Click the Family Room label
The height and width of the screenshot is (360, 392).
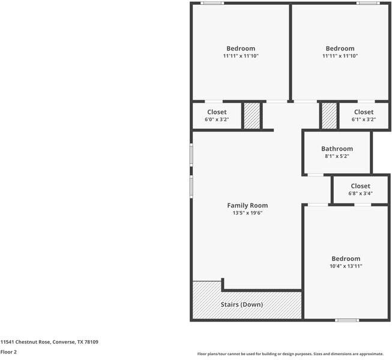[247, 205]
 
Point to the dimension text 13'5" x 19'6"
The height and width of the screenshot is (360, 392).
[247, 213]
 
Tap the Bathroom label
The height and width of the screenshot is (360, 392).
[337, 149]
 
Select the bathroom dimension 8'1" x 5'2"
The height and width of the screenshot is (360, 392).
[337, 156]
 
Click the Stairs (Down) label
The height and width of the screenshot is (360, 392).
[242, 305]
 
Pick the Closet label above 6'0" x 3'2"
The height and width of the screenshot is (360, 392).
[217, 112]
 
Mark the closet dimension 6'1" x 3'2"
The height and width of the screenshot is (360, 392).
[363, 119]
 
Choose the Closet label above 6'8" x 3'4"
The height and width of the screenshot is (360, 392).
[360, 186]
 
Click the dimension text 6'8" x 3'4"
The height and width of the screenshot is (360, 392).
[360, 193]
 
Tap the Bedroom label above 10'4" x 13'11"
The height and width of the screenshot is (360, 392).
[346, 259]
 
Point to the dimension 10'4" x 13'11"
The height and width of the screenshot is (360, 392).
[346, 266]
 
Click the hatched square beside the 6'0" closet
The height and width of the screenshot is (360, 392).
[252, 115]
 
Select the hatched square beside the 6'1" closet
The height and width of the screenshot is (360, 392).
[329, 115]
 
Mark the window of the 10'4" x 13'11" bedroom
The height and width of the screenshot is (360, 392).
[347, 320]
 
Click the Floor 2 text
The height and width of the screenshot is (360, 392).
[8, 352]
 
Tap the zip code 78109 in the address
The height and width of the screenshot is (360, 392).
[91, 342]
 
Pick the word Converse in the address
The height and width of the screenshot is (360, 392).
[63, 342]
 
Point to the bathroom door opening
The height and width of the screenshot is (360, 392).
[315, 175]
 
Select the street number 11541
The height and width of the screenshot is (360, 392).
[7, 342]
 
